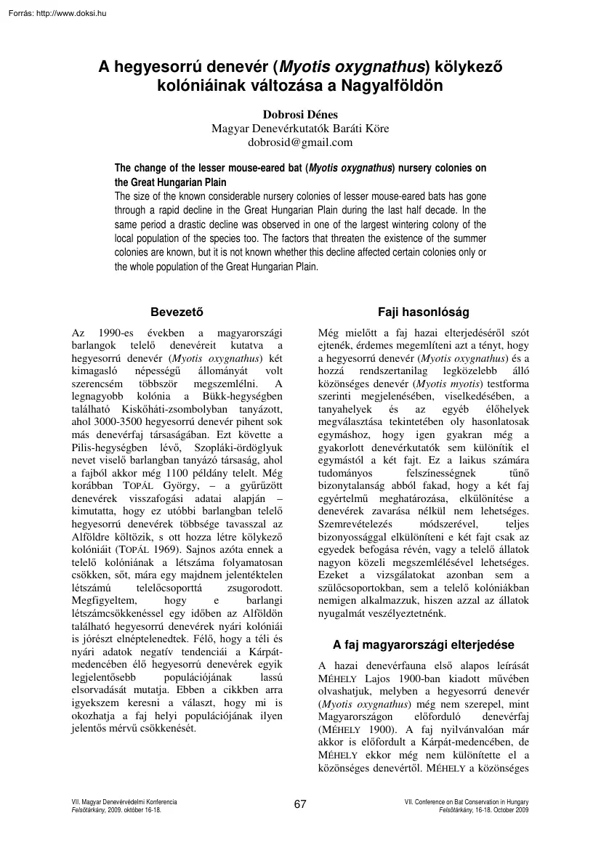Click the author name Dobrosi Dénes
click(x=300, y=114)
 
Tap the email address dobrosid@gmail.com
click(x=300, y=142)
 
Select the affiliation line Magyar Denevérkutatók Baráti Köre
click(x=300, y=129)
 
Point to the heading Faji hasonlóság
click(x=423, y=312)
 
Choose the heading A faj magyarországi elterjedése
click(x=423, y=644)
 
